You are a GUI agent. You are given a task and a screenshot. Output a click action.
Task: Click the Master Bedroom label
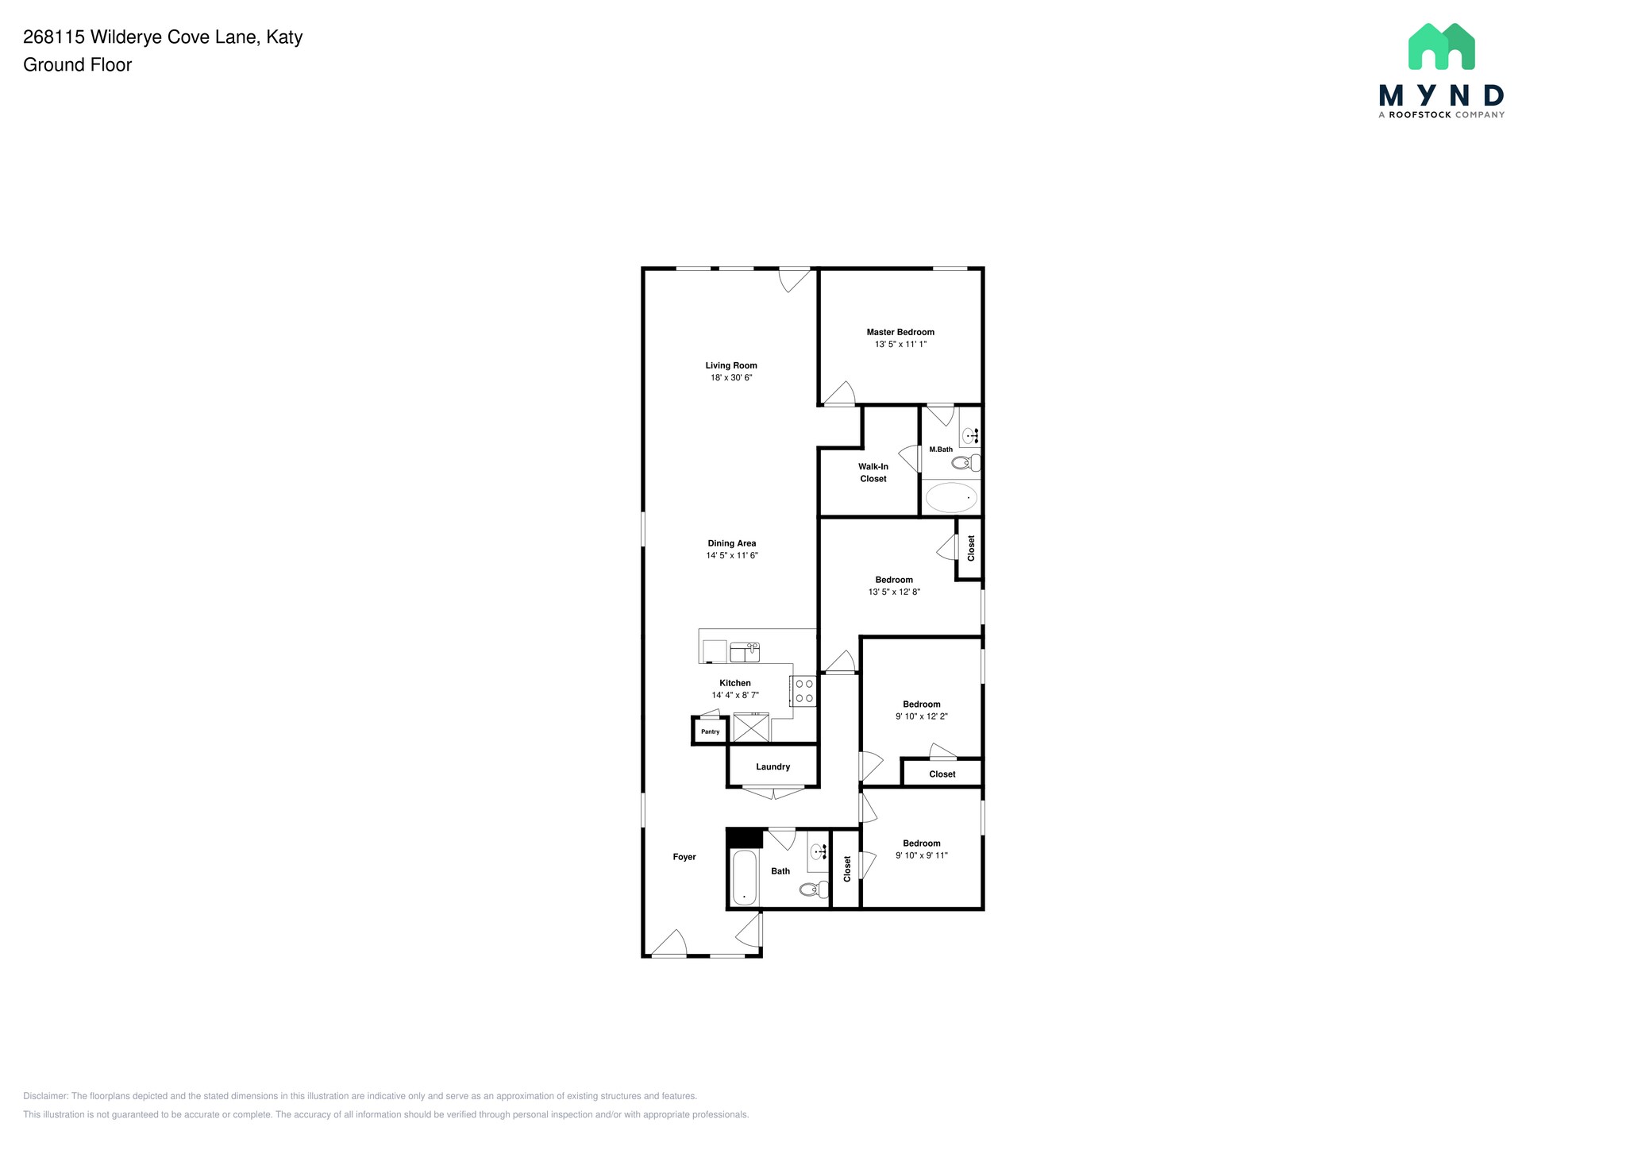pyautogui.click(x=900, y=332)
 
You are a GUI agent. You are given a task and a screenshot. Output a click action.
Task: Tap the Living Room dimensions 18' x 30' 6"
pyautogui.click(x=730, y=378)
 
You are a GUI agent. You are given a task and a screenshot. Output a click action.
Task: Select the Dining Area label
pyautogui.click(x=731, y=543)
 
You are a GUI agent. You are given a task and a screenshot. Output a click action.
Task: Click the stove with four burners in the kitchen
pyautogui.click(x=803, y=691)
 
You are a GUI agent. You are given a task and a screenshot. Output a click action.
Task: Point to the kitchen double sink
pyautogui.click(x=745, y=652)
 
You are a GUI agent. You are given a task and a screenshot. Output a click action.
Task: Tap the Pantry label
pyautogui.click(x=710, y=731)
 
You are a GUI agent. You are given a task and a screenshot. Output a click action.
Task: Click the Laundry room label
pyautogui.click(x=773, y=766)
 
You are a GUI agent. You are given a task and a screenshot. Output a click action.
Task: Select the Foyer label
pyautogui.click(x=684, y=857)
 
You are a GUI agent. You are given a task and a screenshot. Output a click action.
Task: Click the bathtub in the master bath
pyautogui.click(x=951, y=498)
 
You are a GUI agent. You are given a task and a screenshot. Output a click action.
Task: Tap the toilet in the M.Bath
pyautogui.click(x=965, y=463)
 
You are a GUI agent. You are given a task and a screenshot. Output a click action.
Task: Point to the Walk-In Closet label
pyautogui.click(x=873, y=473)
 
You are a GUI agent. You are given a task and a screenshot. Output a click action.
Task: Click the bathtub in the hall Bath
pyautogui.click(x=744, y=878)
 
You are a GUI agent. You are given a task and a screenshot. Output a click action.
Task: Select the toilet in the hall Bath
pyautogui.click(x=814, y=890)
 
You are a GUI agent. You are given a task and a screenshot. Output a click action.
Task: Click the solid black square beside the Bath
pyautogui.click(x=744, y=838)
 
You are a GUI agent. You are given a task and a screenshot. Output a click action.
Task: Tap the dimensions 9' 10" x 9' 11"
pyautogui.click(x=921, y=855)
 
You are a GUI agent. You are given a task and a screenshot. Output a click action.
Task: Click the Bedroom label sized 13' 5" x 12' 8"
pyautogui.click(x=893, y=580)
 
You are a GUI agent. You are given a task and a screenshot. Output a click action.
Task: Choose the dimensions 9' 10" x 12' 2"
pyautogui.click(x=921, y=716)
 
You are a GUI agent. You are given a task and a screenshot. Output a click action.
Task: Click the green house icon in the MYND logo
pyautogui.click(x=1441, y=47)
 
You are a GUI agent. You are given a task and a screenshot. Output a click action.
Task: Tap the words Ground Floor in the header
pyautogui.click(x=77, y=65)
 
